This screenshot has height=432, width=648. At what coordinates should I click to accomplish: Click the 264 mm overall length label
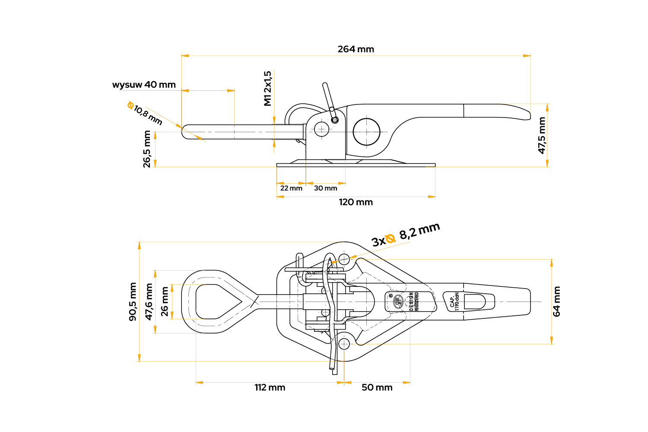pyautogui.click(x=356, y=49)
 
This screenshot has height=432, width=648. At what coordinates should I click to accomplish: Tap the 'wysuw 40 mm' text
pyautogui.click(x=144, y=85)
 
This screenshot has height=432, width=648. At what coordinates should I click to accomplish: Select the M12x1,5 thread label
pyautogui.click(x=268, y=89)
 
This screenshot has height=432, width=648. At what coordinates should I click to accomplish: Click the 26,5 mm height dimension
pyautogui.click(x=147, y=149)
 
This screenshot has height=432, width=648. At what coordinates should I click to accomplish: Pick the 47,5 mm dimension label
pyautogui.click(x=542, y=135)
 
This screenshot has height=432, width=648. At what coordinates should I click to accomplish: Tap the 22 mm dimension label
pyautogui.click(x=291, y=188)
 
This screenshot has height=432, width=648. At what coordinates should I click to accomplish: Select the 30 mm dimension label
pyautogui.click(x=325, y=188)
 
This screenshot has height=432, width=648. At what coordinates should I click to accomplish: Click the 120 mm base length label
pyautogui.click(x=356, y=202)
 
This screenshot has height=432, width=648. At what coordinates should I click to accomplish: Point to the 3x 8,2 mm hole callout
pyautogui.click(x=406, y=235)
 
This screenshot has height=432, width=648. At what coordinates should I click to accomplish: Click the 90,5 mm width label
pyautogui.click(x=133, y=302)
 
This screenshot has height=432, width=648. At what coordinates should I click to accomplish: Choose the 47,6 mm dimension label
pyautogui.click(x=149, y=302)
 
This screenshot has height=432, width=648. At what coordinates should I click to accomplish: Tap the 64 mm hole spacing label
pyautogui.click(x=556, y=302)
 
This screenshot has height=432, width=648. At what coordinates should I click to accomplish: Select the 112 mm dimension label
pyautogui.click(x=270, y=388)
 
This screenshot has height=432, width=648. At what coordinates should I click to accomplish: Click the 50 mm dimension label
pyautogui.click(x=377, y=388)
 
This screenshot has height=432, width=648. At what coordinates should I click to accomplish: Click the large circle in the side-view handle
pyautogui.click(x=366, y=131)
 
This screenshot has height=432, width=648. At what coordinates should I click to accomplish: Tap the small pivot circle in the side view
pyautogui.click(x=321, y=128)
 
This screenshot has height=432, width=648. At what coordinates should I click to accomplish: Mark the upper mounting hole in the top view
pyautogui.click(x=344, y=259)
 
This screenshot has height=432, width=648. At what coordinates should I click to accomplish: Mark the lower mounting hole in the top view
pyautogui.click(x=344, y=344)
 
